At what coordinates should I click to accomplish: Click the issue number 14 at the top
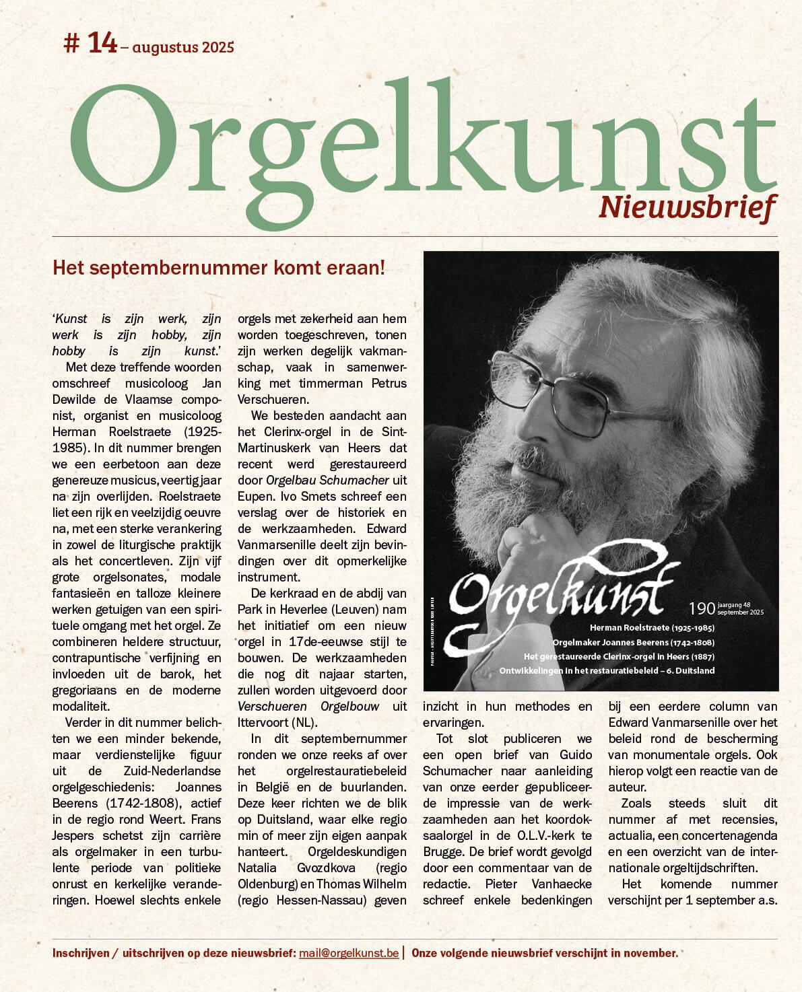coord(102,43)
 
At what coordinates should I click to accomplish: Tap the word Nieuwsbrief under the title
coord(688,207)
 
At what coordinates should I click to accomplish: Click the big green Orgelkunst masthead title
coord(422,145)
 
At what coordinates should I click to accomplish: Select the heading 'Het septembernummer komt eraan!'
coord(219,268)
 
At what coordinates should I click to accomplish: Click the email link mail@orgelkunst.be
coord(349,953)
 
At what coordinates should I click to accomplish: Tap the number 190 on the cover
coord(702,608)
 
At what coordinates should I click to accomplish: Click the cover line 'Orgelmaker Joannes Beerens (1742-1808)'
coord(634,642)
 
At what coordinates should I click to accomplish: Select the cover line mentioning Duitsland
coord(607,670)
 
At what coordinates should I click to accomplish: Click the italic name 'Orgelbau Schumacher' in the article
coord(327,481)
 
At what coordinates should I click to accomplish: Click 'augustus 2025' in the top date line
coord(183,47)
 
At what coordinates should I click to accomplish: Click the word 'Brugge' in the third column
coord(442,852)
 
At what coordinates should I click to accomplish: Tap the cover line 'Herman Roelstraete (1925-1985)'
coord(652,627)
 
